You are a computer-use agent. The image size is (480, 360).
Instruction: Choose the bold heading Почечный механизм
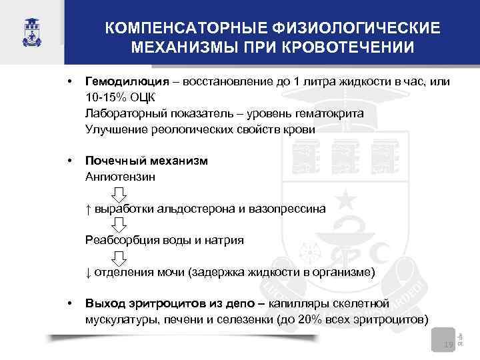(146, 161)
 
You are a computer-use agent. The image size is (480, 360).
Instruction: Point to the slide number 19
(448, 344)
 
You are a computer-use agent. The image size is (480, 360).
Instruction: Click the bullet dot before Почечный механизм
(69, 161)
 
